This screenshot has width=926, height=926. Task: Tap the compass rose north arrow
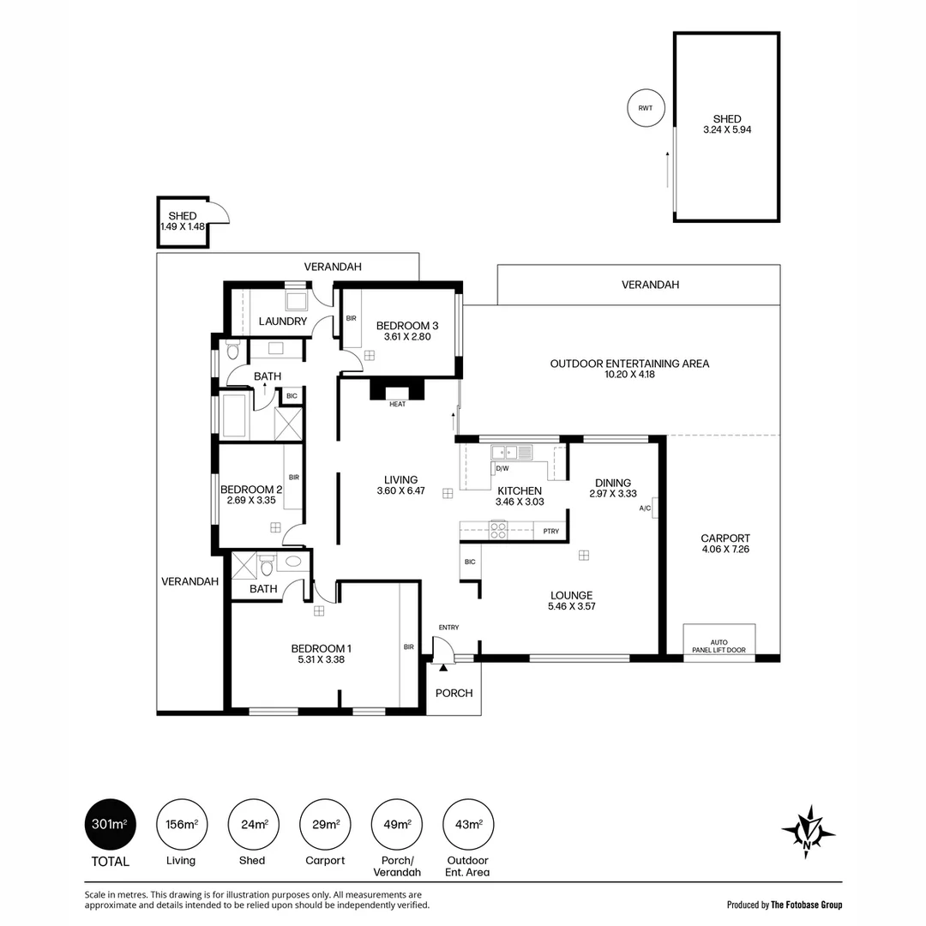[808, 832]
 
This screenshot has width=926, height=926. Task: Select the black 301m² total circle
[111, 825]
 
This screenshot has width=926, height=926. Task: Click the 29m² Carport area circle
[325, 825]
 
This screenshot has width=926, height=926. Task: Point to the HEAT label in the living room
[398, 404]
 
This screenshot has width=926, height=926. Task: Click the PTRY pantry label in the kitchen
[551, 532]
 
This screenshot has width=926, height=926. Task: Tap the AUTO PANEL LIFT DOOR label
[719, 646]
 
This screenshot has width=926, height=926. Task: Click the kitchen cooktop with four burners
[498, 530]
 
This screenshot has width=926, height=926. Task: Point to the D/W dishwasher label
[502, 468]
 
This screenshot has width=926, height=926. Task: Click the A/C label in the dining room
[645, 508]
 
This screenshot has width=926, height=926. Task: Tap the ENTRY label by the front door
[448, 627]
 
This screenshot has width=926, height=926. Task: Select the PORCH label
[454, 694]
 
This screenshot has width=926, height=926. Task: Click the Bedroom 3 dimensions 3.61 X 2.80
[407, 337]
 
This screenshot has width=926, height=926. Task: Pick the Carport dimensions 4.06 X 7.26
[725, 550]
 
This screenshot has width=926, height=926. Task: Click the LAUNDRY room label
[283, 322]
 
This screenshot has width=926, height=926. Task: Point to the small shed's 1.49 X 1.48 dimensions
[183, 226]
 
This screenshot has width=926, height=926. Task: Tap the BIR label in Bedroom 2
[294, 478]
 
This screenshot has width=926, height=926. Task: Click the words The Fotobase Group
[806, 905]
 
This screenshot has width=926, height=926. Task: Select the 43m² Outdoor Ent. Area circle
[468, 825]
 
